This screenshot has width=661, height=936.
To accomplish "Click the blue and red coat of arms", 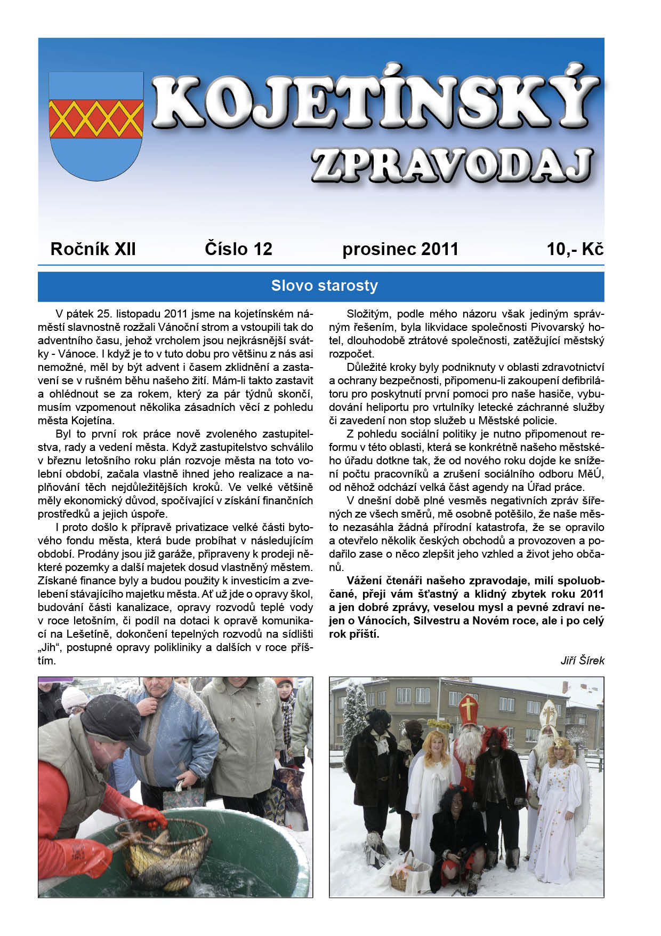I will [96, 125].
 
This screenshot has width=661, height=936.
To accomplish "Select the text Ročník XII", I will [93, 249].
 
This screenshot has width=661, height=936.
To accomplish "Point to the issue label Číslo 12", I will [238, 249].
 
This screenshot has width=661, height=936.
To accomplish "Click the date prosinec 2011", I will [400, 249].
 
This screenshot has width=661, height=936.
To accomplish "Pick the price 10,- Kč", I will [575, 249].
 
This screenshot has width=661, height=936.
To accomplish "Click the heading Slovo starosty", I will [324, 286].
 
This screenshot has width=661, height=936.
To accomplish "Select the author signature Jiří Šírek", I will [582, 661].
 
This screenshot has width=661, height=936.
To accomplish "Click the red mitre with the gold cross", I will [469, 710].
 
